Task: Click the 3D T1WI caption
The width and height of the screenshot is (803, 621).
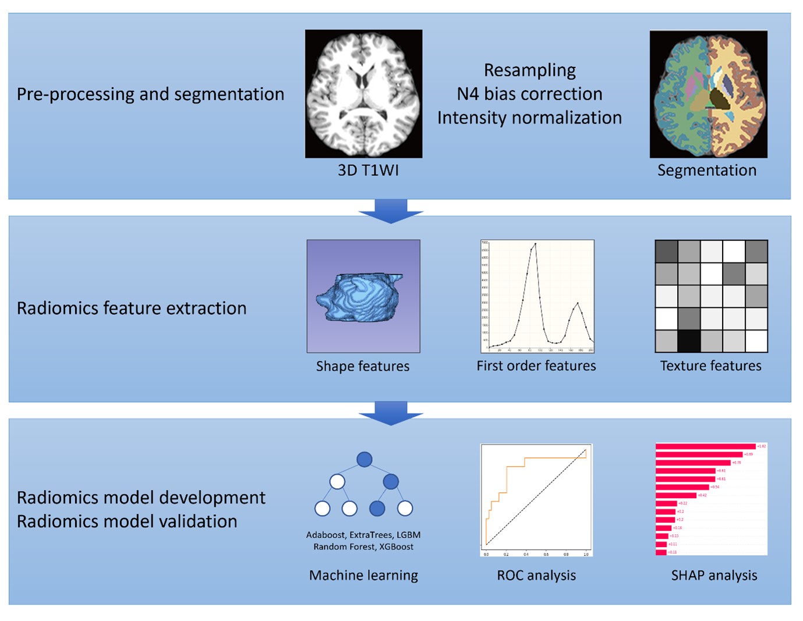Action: coord(368,170)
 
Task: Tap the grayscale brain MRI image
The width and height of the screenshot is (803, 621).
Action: coord(363,94)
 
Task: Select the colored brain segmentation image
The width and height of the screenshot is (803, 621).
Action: coord(708,94)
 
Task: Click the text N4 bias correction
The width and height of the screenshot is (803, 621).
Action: coord(529,94)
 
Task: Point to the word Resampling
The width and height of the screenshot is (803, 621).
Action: coord(529,70)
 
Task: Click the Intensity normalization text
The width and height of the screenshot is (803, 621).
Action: coord(529,118)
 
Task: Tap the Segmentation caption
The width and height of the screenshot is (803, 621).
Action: coord(707,170)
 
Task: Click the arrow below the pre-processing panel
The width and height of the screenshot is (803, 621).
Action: coord(391,211)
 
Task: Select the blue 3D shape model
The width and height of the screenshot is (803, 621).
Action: coord(360,297)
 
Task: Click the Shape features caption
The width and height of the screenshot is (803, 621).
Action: coord(363,366)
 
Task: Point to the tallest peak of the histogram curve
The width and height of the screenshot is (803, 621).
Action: coord(535,244)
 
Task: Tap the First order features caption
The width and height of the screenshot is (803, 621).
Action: coord(536,365)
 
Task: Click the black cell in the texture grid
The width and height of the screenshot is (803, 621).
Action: coord(689,341)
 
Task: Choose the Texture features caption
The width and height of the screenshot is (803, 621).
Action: coord(710,365)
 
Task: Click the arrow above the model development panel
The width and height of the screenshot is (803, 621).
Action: coord(391,413)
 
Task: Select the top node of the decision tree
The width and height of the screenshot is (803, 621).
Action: coord(365,460)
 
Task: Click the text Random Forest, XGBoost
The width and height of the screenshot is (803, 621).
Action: coord(363,547)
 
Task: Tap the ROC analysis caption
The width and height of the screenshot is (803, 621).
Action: coord(536,575)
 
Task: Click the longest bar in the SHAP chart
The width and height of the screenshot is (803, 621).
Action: coord(705,446)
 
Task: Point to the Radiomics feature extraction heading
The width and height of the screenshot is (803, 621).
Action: coord(132,308)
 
